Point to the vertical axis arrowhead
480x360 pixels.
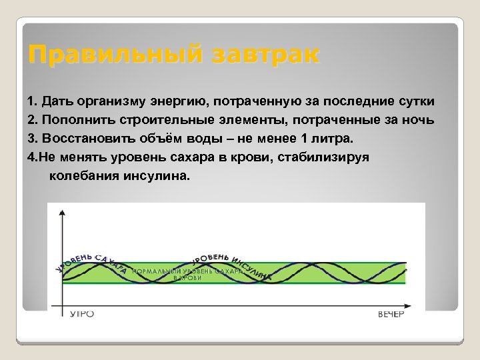(x=62, y=211)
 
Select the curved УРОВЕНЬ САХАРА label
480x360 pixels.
(x=90, y=263)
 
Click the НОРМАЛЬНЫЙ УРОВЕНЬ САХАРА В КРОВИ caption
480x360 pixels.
(x=187, y=275)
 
